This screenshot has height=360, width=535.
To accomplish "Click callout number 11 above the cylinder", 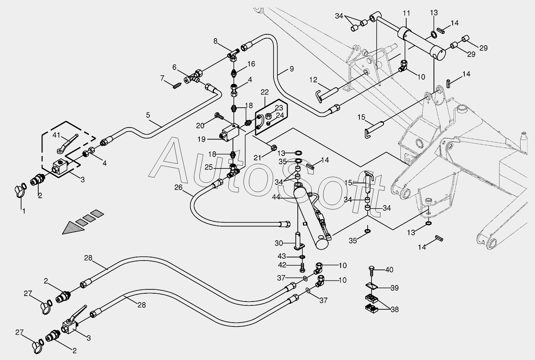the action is pos(406,13).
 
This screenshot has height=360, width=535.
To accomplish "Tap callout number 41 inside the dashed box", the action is pos(56,135).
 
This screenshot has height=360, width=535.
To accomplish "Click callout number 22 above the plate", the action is pos(265,92).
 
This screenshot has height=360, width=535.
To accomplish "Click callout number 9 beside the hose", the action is pos(291,69).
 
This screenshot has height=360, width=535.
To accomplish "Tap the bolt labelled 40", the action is pos(371,270).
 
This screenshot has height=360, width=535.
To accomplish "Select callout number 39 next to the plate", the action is pos(395,288).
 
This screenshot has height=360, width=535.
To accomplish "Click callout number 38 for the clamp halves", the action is pos(395,309).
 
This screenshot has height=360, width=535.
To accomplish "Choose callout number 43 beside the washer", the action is pos(282,256).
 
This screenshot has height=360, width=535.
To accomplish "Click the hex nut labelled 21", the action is pos(274,147).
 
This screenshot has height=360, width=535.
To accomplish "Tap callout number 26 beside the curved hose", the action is pos(178,187).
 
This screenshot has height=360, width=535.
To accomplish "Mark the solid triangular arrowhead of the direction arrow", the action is pos(73,228).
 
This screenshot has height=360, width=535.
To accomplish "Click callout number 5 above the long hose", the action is pos(148,115).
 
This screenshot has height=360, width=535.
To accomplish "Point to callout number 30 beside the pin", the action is pos(279,243).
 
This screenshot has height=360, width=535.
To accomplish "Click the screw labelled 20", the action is pos(219,116).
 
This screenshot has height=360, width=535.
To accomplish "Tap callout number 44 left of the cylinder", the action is pos(276,197).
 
